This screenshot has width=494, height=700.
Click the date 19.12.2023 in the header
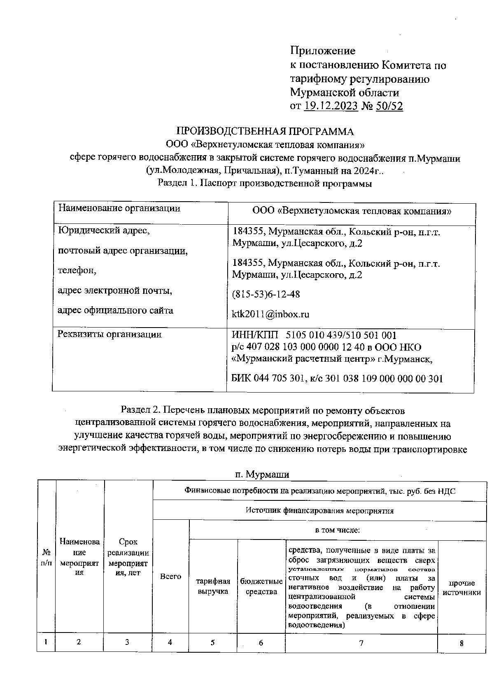coord(331,106)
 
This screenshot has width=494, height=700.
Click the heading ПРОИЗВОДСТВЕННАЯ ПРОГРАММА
coord(265,132)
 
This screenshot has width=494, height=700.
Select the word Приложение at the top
coord(322,51)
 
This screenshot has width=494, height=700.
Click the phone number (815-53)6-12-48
coord(266,294)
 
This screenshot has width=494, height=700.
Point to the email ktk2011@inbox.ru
coord(270,314)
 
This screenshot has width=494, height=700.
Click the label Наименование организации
coord(119,208)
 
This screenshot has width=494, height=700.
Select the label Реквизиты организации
coord(110,334)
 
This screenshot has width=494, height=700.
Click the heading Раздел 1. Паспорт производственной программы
coord(265,184)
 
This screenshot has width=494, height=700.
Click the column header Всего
coord(170,577)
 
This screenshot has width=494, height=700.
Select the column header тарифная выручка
coord(213,586)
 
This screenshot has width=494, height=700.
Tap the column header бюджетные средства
coord(261,586)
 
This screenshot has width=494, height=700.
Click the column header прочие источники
coord(461,588)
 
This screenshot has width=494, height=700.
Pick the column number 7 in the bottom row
coord(361,643)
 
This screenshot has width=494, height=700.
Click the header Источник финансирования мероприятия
coord(319,510)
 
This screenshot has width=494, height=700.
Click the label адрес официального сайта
coord(115,310)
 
